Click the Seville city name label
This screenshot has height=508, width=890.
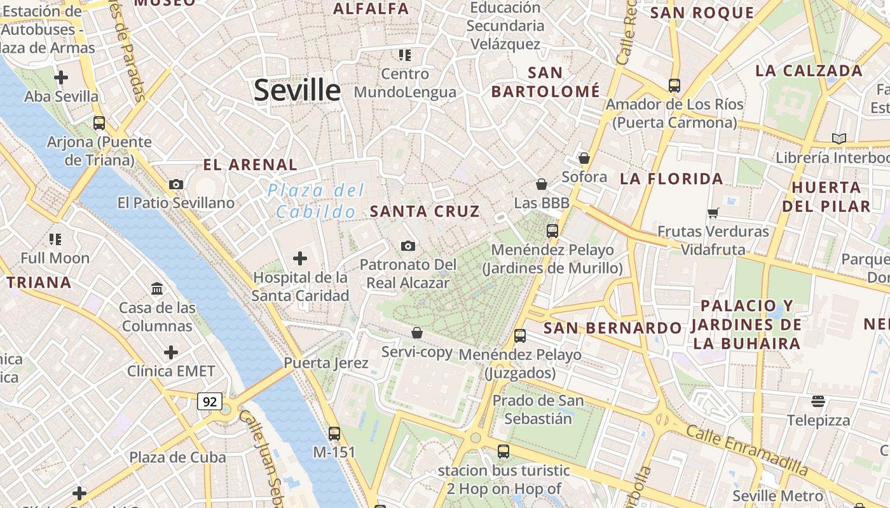[297, 90]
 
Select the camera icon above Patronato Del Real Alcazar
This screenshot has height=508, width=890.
[408, 246]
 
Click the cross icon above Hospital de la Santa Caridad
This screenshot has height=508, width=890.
[299, 258]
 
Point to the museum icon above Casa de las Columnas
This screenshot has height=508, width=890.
[157, 289]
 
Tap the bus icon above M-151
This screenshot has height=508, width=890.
[334, 434]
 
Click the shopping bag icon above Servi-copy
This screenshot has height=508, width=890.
[417, 333]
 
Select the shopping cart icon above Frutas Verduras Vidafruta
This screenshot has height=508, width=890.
[713, 213]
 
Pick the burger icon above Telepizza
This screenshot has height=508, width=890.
[818, 401]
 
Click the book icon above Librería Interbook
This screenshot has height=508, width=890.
[839, 138]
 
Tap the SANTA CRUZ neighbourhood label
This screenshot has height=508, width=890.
[425, 211]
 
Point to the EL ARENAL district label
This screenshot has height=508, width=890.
[250, 165]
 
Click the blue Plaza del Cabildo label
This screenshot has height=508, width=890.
[316, 201]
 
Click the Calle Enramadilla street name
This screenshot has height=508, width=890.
[747, 451]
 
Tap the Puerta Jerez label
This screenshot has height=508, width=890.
[325, 363]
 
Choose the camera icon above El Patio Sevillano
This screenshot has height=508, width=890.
[176, 184]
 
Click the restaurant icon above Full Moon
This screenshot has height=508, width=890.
[55, 239]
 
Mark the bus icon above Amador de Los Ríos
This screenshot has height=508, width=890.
[674, 85]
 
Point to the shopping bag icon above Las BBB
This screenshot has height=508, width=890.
[542, 184]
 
